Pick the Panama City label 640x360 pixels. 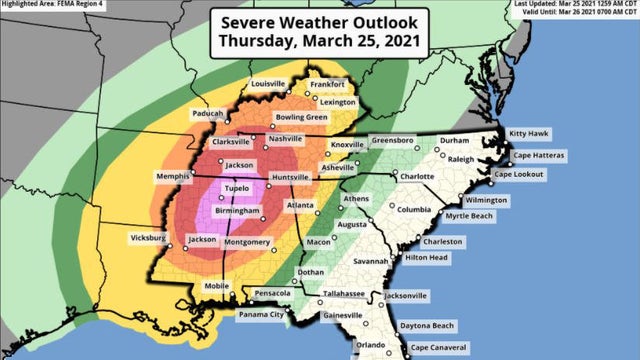[x=260, y=315]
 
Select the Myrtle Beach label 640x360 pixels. [x=470, y=216]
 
